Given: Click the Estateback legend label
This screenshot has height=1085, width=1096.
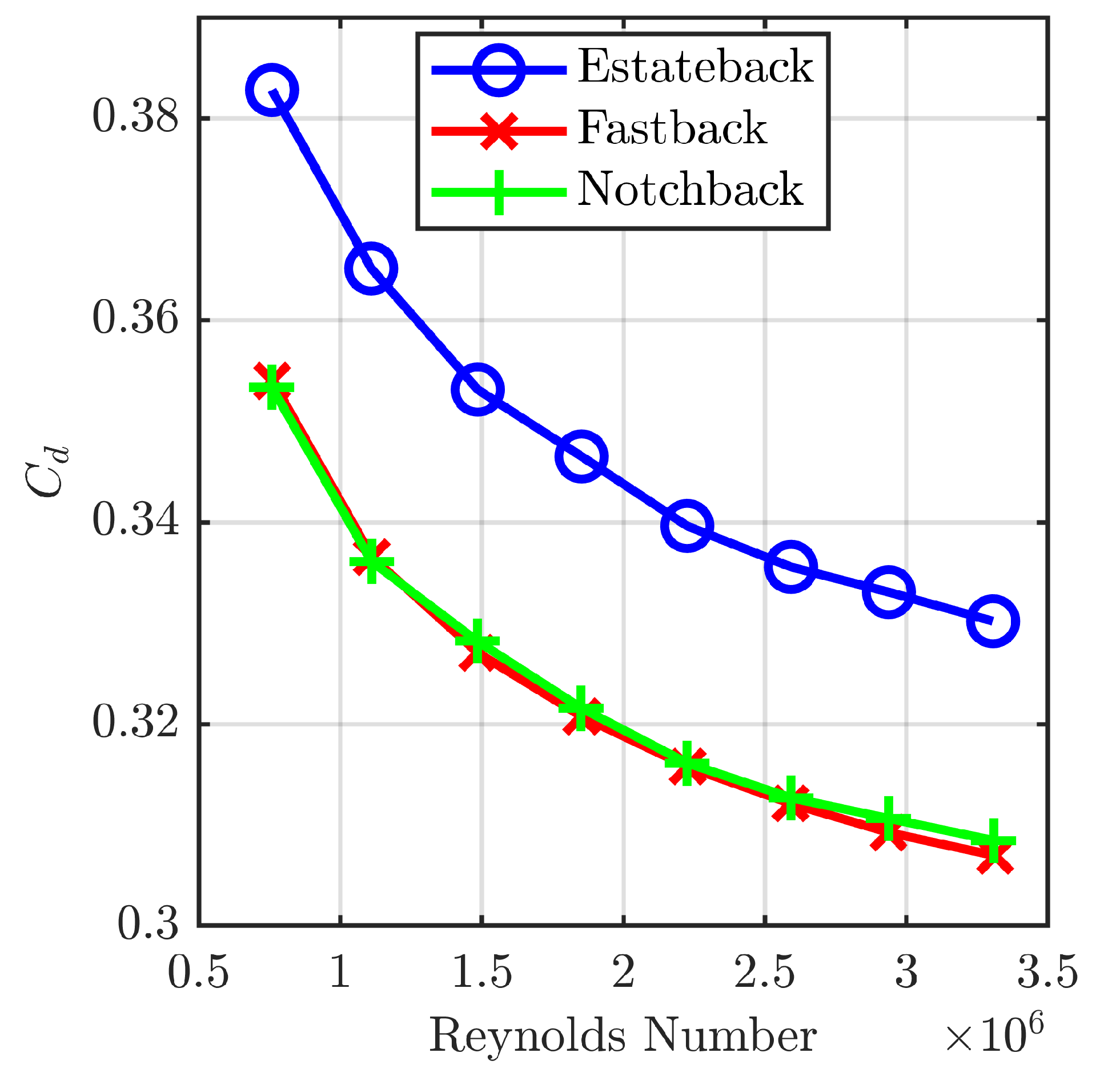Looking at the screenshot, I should point(694,66).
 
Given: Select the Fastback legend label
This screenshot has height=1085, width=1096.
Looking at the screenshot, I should point(672,128).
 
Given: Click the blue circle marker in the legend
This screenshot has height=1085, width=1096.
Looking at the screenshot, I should point(499,70).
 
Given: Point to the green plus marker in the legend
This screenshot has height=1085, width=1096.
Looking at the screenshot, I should point(499,192).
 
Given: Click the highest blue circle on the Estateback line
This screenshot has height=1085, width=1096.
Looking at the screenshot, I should point(272,90).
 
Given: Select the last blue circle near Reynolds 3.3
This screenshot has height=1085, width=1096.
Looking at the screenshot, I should point(993,621).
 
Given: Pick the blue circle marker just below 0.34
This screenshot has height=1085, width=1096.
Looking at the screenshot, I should point(687,526).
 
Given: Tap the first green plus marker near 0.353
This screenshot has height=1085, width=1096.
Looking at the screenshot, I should point(272,388).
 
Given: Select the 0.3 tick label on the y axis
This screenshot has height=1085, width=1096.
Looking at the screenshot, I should point(147,924).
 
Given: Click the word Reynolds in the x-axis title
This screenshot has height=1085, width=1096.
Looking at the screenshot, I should point(527,1036).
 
